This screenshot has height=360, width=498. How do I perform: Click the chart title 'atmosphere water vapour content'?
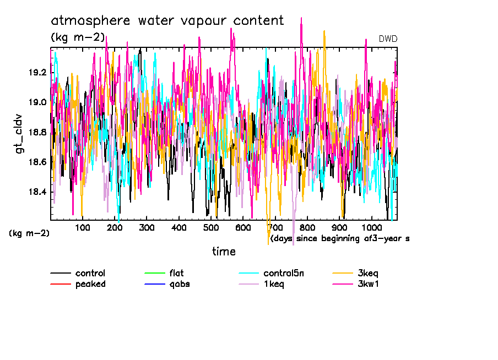coord(167,21)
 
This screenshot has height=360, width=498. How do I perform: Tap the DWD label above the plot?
coord(388,39)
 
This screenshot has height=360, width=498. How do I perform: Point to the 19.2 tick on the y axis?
coord(39,72)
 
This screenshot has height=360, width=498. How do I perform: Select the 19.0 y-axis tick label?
coord(39,102)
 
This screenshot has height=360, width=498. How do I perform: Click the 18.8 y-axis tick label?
coord(39,132)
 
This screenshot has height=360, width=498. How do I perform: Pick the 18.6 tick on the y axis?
coord(39,162)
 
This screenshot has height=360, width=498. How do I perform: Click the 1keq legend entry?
coord(274,284)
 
